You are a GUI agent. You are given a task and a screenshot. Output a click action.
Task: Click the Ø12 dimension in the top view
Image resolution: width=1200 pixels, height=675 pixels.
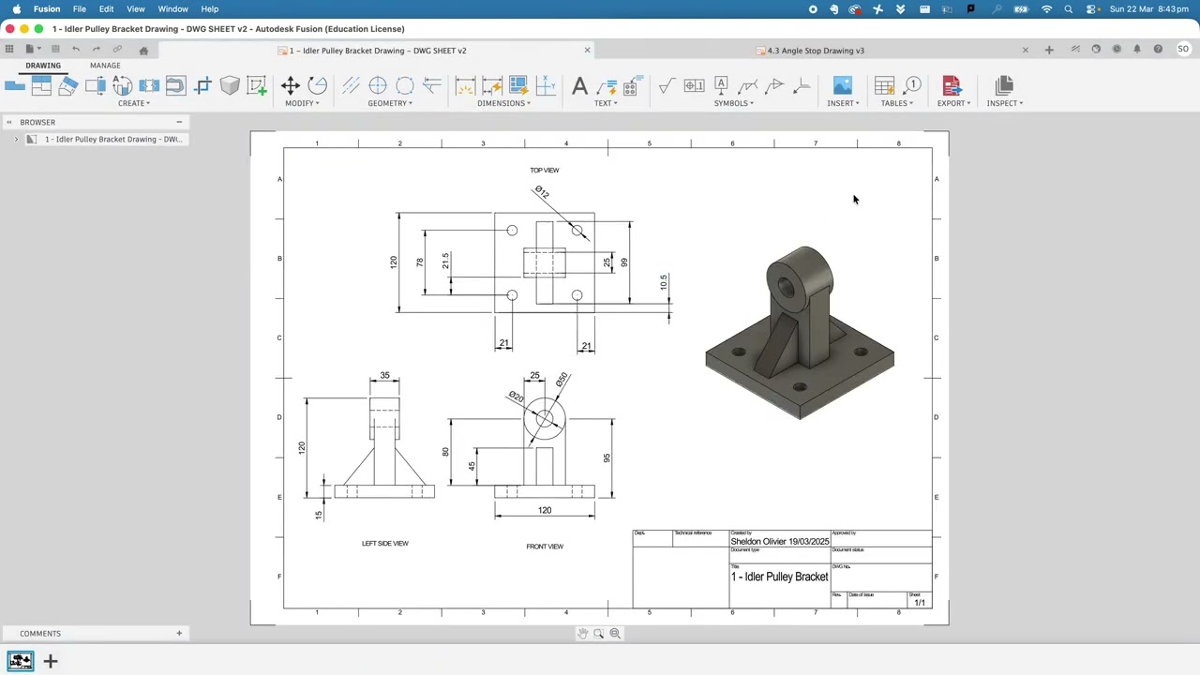pyautogui.click(x=542, y=192)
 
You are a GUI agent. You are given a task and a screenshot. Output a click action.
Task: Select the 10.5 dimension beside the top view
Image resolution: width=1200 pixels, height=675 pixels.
pyautogui.click(x=664, y=281)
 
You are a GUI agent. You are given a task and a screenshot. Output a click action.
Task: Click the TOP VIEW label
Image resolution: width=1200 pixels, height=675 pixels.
pyautogui.click(x=544, y=170)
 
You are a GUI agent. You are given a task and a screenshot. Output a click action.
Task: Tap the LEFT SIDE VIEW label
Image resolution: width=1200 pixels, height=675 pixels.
pyautogui.click(x=385, y=543)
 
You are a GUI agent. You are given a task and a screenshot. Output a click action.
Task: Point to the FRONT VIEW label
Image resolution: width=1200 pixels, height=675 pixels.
pyautogui.click(x=545, y=547)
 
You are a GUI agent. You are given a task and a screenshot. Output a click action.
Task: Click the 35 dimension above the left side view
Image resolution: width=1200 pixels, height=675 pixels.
pyautogui.click(x=384, y=375)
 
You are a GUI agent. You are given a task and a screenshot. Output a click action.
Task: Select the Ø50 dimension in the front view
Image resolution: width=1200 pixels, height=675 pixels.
pyautogui.click(x=561, y=380)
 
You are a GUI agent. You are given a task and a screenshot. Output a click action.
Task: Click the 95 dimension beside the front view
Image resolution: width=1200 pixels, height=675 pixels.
pyautogui.click(x=607, y=458)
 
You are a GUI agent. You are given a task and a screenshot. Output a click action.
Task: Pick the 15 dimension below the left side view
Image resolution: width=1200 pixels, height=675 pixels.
pyautogui.click(x=319, y=515)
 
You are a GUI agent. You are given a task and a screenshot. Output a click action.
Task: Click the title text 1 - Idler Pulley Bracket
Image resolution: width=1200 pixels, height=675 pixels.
pyautogui.click(x=779, y=577)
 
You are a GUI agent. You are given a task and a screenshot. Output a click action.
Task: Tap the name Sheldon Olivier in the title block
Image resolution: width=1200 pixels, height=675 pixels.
pyautogui.click(x=757, y=542)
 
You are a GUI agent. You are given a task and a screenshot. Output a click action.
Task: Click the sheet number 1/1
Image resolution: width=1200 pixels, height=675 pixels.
pyautogui.click(x=920, y=603)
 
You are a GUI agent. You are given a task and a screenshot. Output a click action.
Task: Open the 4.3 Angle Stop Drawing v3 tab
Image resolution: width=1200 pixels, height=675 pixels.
pyautogui.click(x=815, y=51)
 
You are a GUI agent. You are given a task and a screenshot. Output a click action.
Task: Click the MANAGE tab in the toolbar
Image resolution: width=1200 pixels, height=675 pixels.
pyautogui.click(x=105, y=66)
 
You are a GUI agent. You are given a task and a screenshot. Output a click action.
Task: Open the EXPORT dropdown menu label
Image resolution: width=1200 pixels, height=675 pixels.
pyautogui.click(x=953, y=103)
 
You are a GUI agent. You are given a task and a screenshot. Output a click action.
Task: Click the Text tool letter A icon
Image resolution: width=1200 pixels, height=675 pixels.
pyautogui.click(x=579, y=86)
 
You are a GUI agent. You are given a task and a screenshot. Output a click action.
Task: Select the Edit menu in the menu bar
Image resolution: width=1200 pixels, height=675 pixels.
pyautogui.click(x=106, y=8)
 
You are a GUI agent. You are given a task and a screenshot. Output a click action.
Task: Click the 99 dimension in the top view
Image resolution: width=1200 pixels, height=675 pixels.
pyautogui.click(x=624, y=262)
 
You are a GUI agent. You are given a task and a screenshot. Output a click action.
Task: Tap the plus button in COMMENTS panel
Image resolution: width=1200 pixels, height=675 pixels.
pyautogui.click(x=179, y=633)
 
